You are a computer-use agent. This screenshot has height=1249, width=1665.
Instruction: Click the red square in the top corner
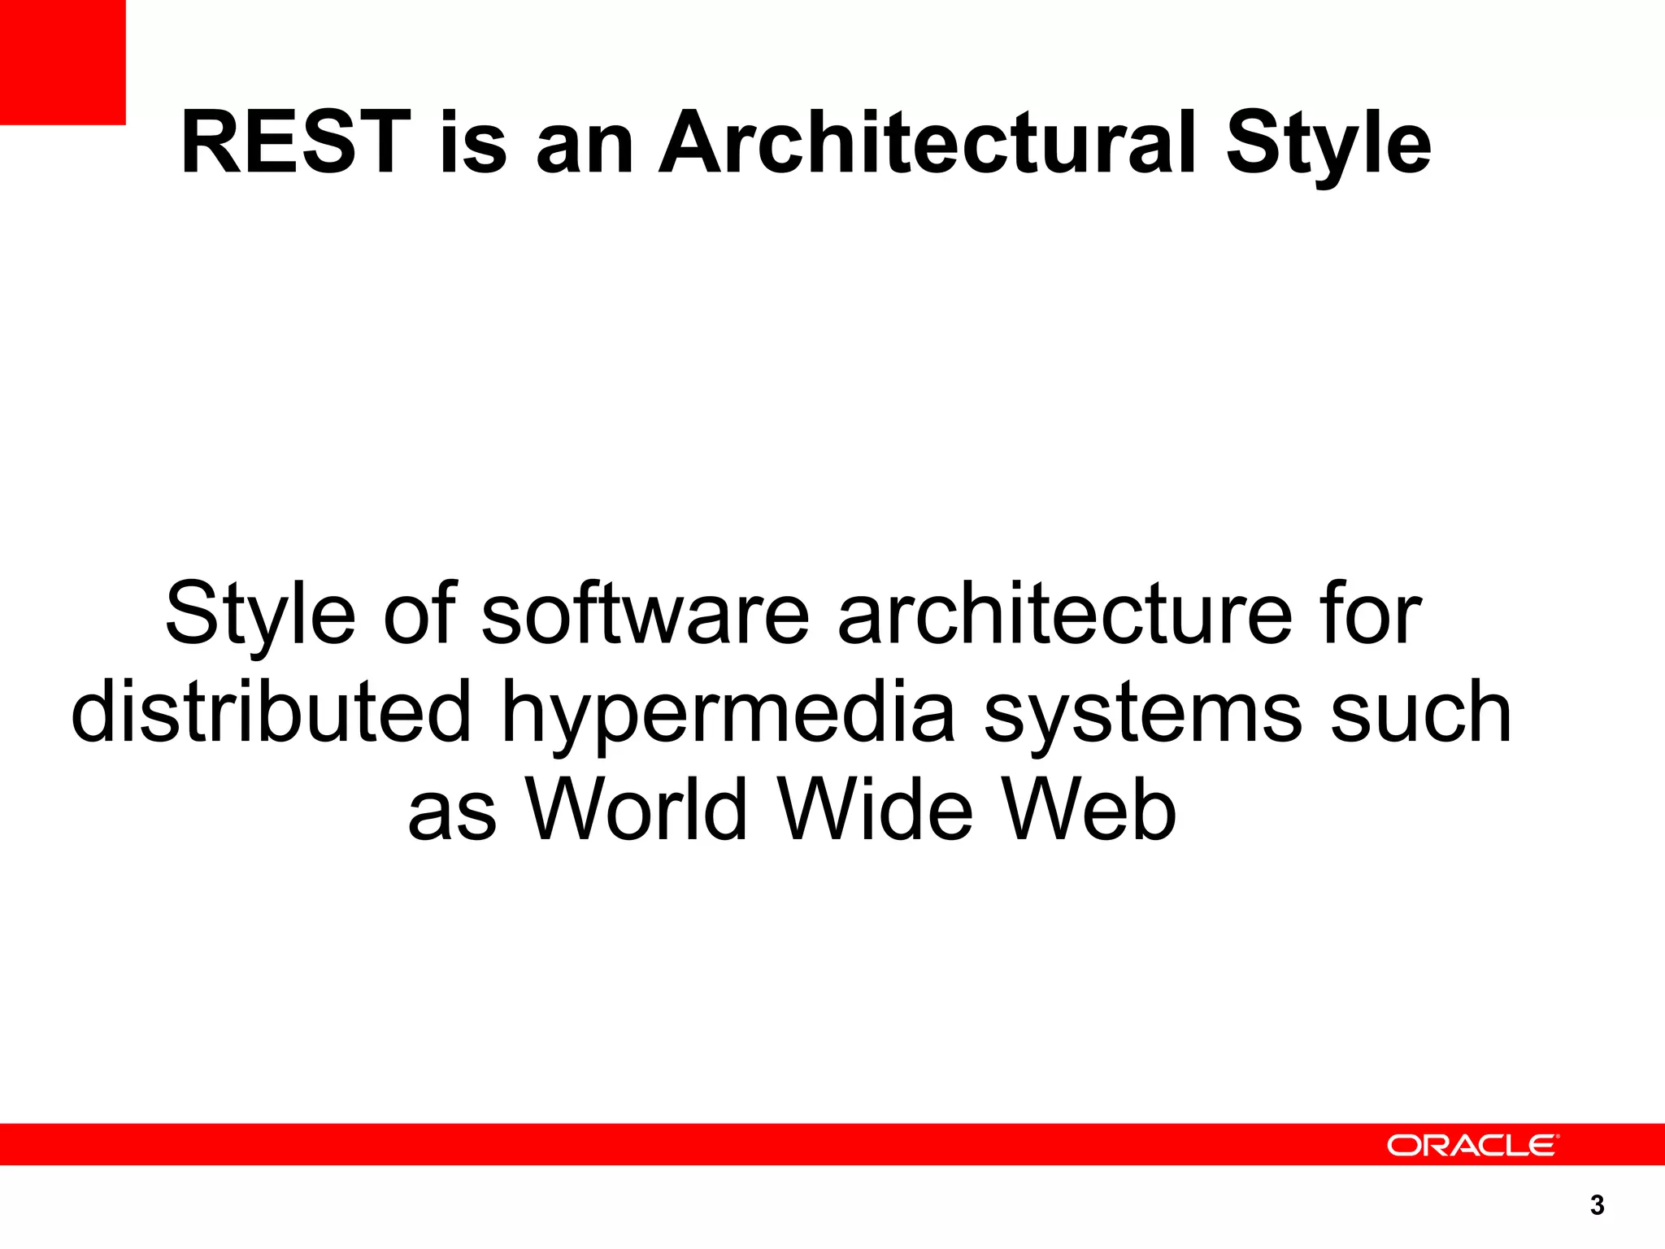pyautogui.click(x=63, y=62)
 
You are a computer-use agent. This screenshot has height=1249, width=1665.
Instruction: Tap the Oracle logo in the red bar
pyautogui.click(x=1472, y=1145)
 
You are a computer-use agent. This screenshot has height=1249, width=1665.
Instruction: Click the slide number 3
pyautogui.click(x=1597, y=1205)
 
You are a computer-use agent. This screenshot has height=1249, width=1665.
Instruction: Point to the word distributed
pyautogui.click(x=272, y=712)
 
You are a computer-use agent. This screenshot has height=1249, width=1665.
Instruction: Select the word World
pyautogui.click(x=637, y=809)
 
